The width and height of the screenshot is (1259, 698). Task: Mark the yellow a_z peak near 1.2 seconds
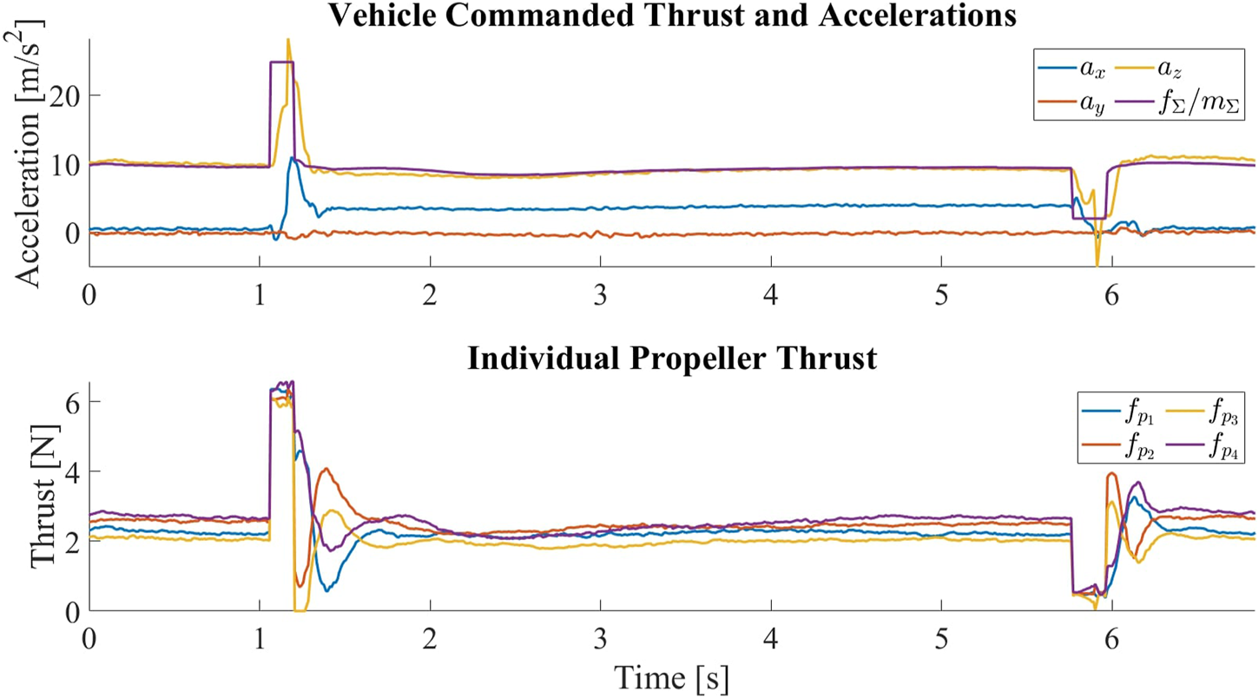pos(287,41)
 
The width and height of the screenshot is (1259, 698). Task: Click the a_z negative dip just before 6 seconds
pos(1098,264)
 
